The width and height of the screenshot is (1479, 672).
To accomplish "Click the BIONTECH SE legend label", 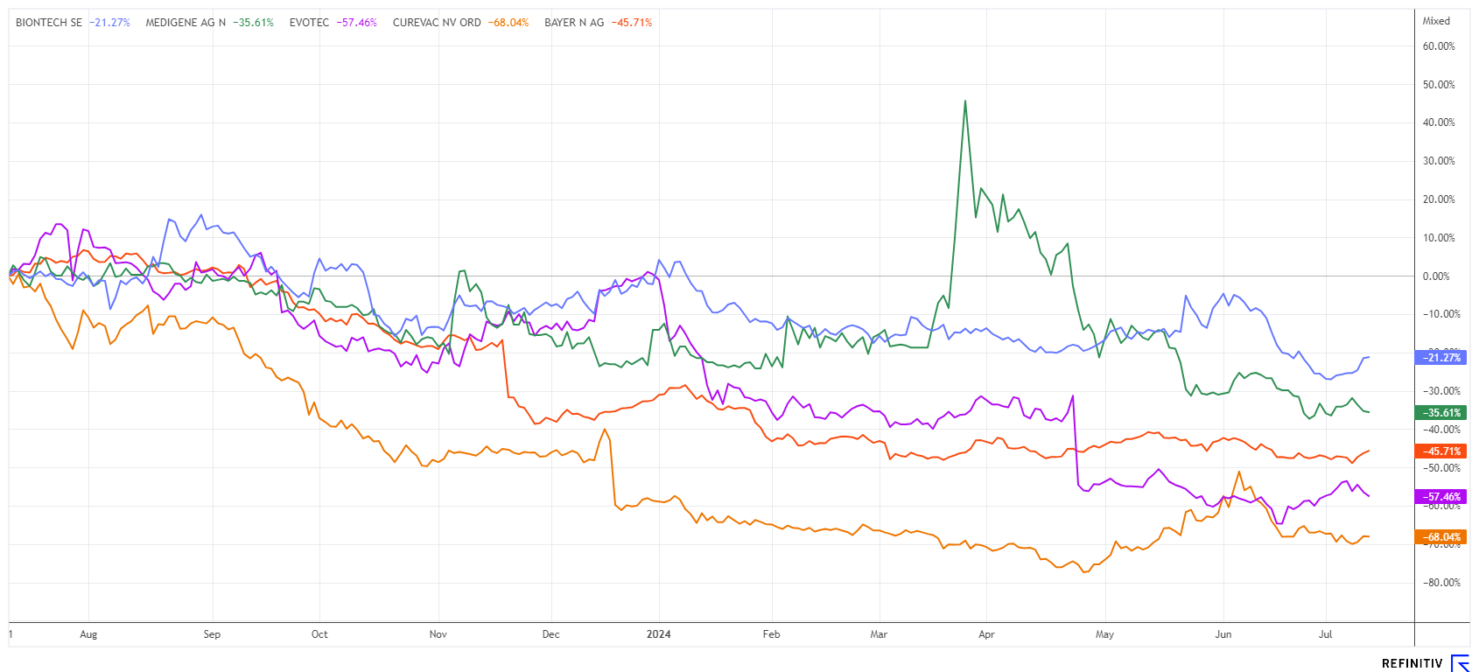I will [x=49, y=23].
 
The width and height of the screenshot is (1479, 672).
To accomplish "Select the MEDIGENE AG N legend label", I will [x=186, y=23].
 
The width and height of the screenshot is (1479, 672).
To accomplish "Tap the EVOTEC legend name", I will [x=309, y=23].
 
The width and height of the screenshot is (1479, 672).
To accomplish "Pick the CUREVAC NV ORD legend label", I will [x=437, y=23].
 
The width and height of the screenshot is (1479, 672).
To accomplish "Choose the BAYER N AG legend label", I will [x=574, y=23].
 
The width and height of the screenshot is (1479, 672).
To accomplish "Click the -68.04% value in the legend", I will [x=511, y=23].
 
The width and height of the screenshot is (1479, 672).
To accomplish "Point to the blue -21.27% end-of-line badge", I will [x=1440, y=357].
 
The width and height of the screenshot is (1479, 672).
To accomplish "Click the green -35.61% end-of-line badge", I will [x=1440, y=412].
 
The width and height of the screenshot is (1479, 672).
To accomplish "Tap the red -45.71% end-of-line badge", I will [x=1440, y=451].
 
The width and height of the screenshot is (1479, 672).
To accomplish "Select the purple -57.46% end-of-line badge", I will [x=1440, y=496].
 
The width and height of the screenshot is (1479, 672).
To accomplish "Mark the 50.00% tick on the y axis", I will [x=1439, y=85].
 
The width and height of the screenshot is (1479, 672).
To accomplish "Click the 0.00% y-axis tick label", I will [x=1436, y=276].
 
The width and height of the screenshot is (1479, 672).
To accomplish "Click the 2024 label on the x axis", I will [x=658, y=634].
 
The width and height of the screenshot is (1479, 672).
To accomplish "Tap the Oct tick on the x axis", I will [x=319, y=634].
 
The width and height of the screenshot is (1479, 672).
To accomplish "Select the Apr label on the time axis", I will [x=986, y=634].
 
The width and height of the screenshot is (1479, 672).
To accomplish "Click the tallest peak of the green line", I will [x=964, y=101].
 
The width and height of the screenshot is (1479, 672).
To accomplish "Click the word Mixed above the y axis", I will [x=1436, y=21].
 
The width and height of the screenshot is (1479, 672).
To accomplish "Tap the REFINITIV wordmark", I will [x=1412, y=663].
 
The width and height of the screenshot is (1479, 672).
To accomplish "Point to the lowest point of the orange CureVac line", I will [x=1084, y=572].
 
